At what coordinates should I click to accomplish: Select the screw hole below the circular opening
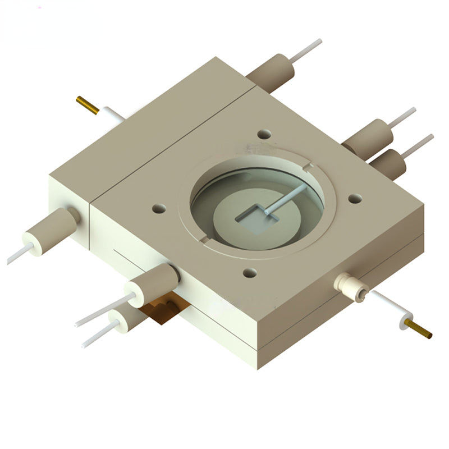(x=249, y=273)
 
